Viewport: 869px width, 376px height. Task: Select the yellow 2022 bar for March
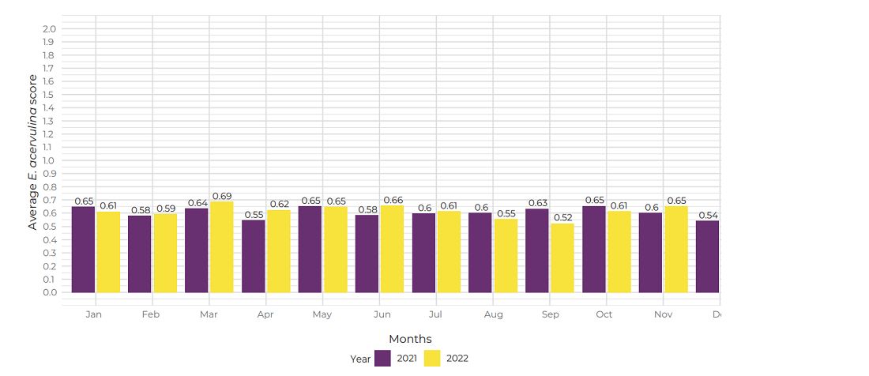222,247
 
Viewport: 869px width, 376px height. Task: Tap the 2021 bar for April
254,256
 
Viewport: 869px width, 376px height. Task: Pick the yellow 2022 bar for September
562,258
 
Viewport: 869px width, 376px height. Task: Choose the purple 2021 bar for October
594,250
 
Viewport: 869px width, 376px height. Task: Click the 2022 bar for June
393,249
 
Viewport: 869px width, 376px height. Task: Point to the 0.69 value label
222,196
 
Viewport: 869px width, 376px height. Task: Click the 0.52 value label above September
562,218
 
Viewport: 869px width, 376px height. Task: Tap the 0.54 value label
708,215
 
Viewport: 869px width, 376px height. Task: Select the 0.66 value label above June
393,200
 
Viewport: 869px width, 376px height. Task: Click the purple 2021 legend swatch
383,358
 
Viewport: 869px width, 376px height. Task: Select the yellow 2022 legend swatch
433,358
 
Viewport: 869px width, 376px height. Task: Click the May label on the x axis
322,314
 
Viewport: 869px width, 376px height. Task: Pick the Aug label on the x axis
494,314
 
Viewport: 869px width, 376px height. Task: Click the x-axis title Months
410,339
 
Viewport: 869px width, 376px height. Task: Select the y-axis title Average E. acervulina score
32,152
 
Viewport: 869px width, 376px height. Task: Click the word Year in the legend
360,359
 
